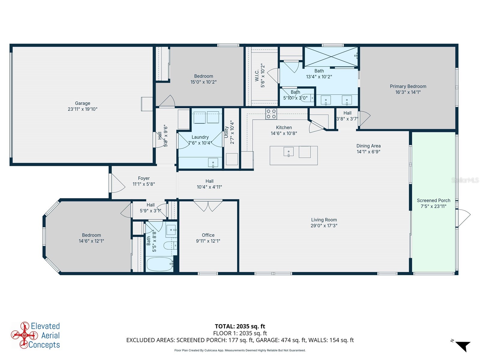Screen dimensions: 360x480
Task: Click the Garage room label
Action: (82, 103)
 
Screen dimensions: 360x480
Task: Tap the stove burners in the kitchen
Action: (271, 114)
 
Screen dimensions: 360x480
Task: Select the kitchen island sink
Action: (289, 152)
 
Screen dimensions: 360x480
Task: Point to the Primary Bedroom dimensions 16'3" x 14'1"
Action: (408, 92)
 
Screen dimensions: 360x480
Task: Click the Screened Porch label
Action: (433, 200)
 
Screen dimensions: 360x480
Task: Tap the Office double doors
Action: (208, 205)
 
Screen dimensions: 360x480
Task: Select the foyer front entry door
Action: (117, 183)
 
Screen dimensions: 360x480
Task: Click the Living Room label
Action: (324, 220)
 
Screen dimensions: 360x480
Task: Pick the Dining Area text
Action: (368, 146)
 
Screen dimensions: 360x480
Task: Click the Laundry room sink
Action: (213, 163)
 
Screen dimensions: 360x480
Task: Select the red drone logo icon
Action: (20, 335)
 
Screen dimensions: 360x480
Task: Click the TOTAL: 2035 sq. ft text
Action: (240, 326)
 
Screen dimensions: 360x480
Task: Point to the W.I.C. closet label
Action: (257, 75)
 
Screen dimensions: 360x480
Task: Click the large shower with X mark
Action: (331, 57)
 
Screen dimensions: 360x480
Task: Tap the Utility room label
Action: (226, 132)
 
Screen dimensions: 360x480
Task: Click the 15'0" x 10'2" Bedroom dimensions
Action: (203, 82)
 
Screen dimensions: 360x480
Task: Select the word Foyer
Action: (144, 178)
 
